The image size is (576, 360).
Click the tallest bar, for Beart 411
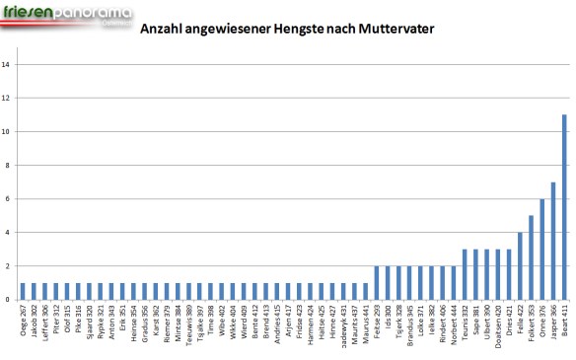(x=564, y=207)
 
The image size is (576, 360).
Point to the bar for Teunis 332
(x=465, y=274)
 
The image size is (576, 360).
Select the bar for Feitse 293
(x=376, y=283)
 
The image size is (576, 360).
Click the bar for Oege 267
(x=22, y=291)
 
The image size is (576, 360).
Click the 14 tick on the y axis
(x=7, y=65)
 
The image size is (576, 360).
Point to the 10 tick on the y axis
(x=7, y=132)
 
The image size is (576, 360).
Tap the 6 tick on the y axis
(x=8, y=199)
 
